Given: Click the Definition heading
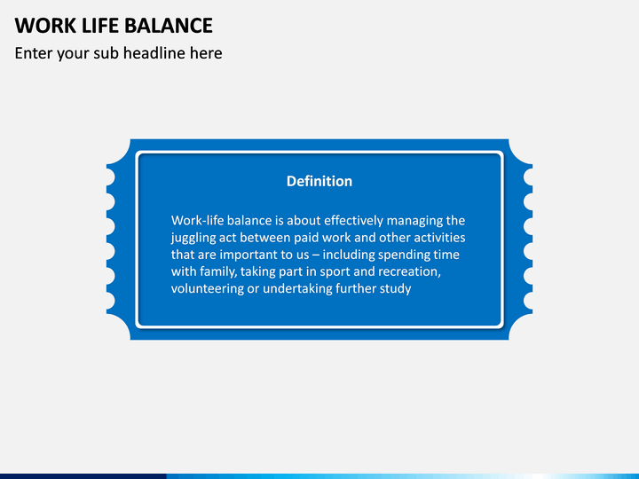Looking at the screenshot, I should pos(319,181).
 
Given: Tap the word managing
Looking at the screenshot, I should pos(415,220).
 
